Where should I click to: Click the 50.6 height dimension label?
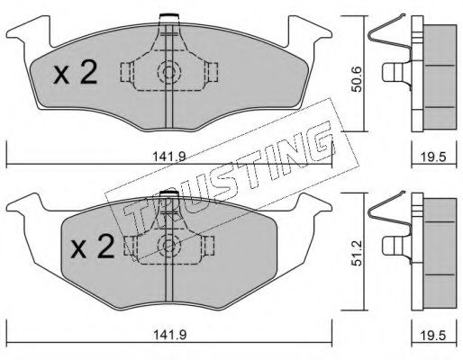[357, 79]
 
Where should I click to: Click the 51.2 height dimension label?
[357, 253]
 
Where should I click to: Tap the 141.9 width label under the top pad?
[170, 156]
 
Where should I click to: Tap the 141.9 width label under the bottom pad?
[170, 334]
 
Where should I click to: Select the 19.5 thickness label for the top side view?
[434, 157]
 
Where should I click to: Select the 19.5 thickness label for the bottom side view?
[434, 335]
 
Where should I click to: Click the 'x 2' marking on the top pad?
[75, 72]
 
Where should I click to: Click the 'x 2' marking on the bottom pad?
[93, 247]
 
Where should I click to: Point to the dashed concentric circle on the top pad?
[169, 72]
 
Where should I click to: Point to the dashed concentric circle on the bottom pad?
[169, 246]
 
